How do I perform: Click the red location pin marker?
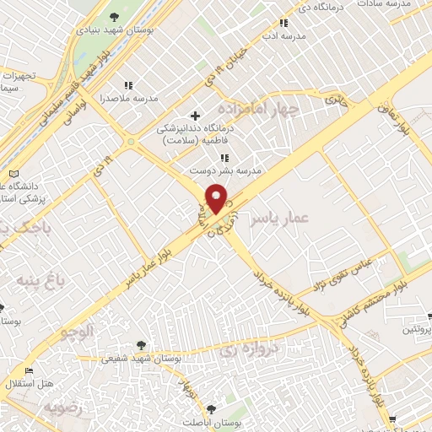pos(217,198)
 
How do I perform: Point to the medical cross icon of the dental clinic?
pos(196,116)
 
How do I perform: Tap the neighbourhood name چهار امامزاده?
pos(258,110)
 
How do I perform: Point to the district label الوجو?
pos(75,335)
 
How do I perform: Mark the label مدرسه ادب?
pos(282,36)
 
